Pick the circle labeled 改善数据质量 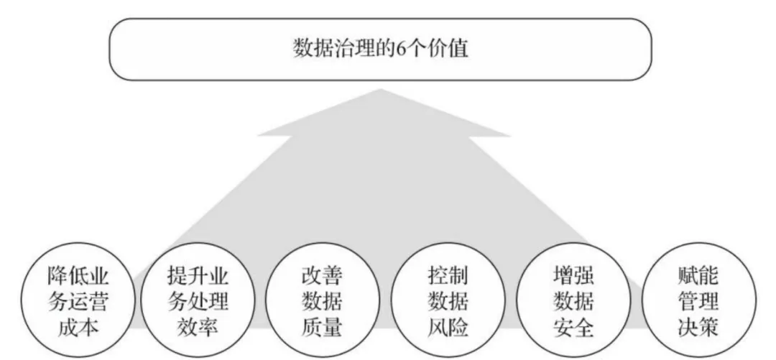(322, 301)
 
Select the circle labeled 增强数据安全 (573, 301)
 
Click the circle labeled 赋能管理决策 (698, 301)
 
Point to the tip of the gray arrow (384, 91)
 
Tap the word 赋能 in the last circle (698, 274)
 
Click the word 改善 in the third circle (322, 274)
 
